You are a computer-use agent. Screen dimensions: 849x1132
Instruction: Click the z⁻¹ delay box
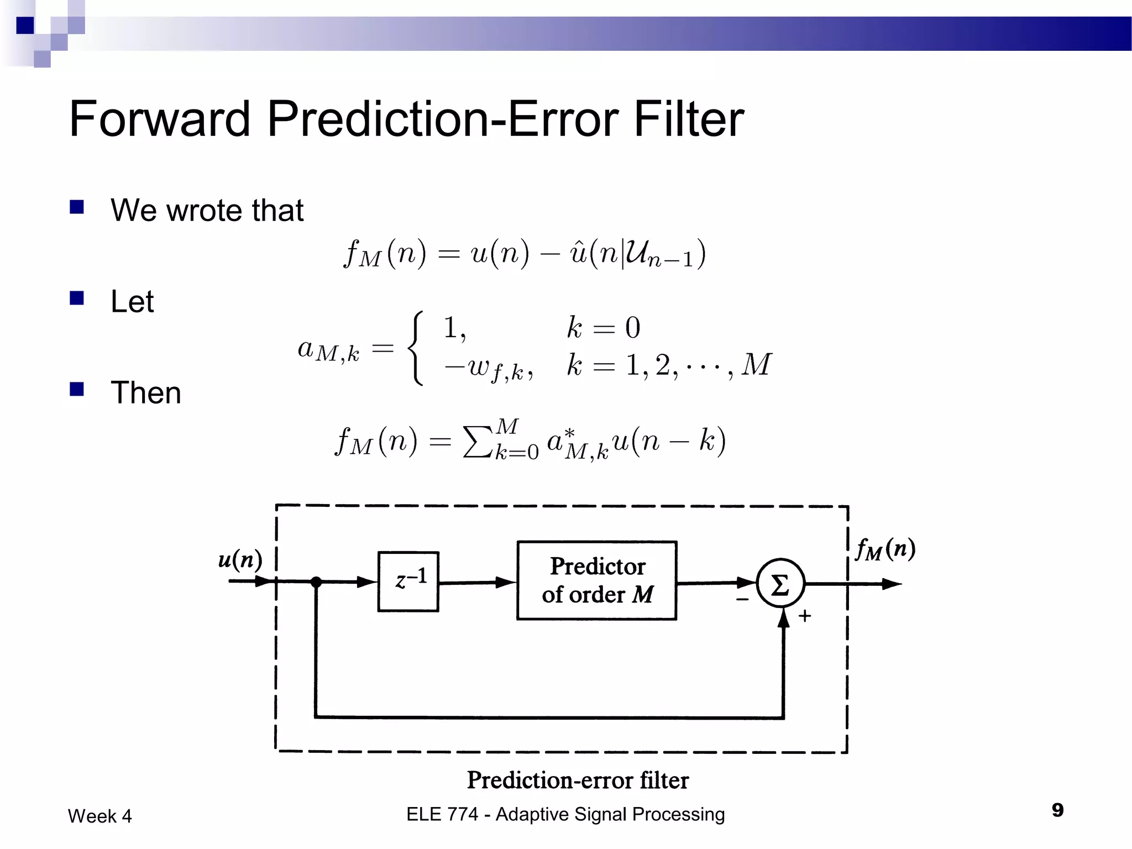coord(408,581)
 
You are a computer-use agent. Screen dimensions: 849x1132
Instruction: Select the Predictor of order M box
coord(596,580)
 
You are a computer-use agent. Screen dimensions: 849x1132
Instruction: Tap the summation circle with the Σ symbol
coord(780,584)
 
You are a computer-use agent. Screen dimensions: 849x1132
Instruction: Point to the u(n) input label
coord(240,559)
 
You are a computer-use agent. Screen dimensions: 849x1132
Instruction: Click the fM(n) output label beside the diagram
coord(885,549)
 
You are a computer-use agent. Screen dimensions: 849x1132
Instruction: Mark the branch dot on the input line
coord(316,581)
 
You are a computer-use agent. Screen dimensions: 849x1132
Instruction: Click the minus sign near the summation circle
coord(742,599)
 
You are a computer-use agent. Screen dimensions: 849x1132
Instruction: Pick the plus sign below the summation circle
coord(805,616)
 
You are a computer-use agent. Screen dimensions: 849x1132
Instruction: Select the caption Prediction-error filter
coord(578,780)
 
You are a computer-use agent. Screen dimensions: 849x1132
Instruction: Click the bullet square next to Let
coord(77,298)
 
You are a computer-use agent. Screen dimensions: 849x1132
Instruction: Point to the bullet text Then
coord(146,392)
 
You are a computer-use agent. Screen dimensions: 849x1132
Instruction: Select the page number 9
coord(1057,810)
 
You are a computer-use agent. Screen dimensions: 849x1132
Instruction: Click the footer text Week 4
coord(100,816)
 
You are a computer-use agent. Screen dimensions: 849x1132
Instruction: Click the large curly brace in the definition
coord(416,348)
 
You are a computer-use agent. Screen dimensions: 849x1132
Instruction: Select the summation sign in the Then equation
coord(477,442)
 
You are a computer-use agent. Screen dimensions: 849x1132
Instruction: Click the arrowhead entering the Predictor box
coord(505,582)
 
